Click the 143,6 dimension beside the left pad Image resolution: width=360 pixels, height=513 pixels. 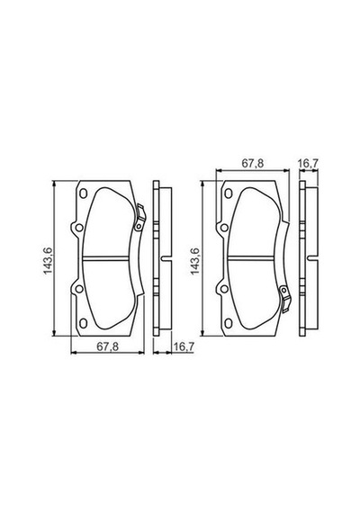[48, 261]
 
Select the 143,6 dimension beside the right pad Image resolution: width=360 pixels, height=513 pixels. [194, 261]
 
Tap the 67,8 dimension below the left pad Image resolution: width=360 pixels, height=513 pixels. [108, 346]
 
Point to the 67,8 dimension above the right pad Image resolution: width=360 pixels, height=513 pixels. [253, 164]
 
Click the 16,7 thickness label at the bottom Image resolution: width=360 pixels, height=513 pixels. [184, 346]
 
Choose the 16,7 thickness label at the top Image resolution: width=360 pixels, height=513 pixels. [309, 164]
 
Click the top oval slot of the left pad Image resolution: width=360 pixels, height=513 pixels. [83, 193]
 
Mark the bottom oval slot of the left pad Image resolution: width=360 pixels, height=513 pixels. [83, 323]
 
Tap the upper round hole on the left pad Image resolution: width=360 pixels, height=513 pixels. [78, 228]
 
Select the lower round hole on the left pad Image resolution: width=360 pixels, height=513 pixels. [78, 289]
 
